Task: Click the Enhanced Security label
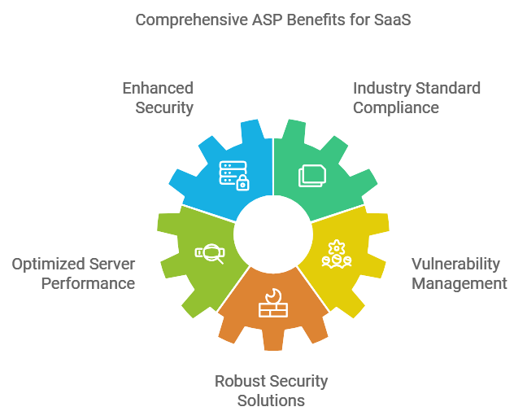pos(158,98)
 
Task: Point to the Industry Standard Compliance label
pos(416,98)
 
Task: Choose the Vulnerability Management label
pos(459,273)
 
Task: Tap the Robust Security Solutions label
pos(271,391)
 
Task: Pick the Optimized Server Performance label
pos(73,273)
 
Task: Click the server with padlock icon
pos(233,175)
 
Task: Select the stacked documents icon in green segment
pos(311,175)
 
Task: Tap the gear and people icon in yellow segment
pos(335,254)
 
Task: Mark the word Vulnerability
pos(455,265)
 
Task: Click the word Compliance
pos(396,107)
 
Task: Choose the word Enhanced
pos(158,88)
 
